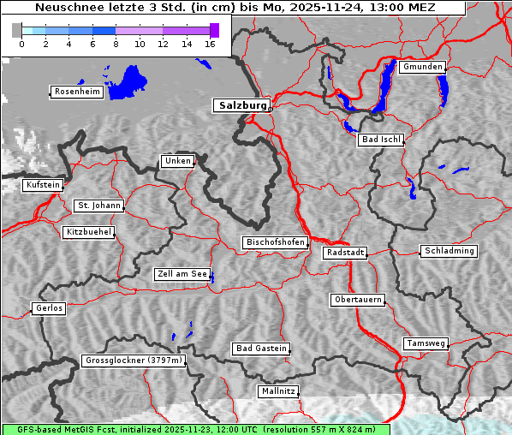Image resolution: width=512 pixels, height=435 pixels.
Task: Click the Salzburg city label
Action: click(x=241, y=105)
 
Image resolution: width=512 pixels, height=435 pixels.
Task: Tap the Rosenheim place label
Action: click(x=76, y=92)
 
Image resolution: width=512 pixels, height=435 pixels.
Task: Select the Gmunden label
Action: click(x=422, y=67)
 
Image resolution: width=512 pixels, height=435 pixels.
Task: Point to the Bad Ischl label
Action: click(x=380, y=140)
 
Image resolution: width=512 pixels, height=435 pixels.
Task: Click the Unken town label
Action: click(x=176, y=161)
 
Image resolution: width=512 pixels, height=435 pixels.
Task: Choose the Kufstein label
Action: click(x=42, y=185)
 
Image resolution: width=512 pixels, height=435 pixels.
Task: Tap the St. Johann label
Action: click(x=98, y=206)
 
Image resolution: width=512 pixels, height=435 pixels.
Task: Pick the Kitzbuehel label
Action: click(x=88, y=232)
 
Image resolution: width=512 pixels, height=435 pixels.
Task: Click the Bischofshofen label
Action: click(x=275, y=243)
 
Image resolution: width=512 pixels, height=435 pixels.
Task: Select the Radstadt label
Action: click(x=345, y=253)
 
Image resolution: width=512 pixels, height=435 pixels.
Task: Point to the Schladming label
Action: click(x=449, y=251)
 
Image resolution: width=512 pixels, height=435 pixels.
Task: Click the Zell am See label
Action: click(x=182, y=274)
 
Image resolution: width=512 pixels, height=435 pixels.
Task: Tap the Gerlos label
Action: click(x=49, y=308)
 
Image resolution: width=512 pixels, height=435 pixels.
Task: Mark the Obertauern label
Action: click(x=357, y=300)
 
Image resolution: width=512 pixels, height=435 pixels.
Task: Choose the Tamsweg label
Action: click(x=425, y=343)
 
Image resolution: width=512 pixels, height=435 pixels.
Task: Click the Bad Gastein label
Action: click(x=261, y=349)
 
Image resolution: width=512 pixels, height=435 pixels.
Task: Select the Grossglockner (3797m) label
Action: click(x=134, y=361)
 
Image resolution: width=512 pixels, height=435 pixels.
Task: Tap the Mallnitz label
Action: click(x=278, y=391)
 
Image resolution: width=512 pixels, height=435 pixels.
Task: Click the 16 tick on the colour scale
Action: click(x=210, y=44)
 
